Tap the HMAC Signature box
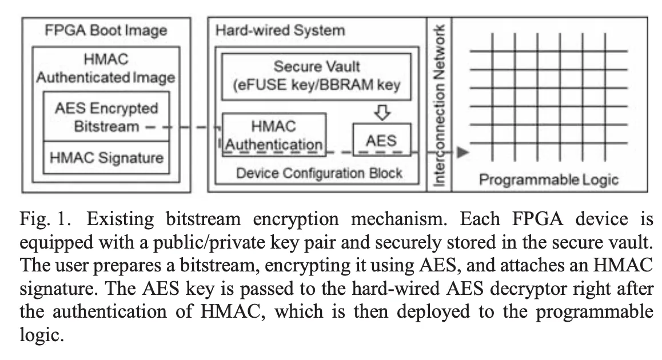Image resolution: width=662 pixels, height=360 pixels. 106,158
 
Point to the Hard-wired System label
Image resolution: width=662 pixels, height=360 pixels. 280,30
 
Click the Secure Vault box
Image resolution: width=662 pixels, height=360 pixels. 316,76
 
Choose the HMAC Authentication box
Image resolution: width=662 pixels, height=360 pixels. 274,134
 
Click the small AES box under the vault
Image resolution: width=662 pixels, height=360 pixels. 381,140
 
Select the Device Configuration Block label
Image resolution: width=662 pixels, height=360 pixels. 320,173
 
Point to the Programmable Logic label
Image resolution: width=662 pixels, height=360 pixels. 548,180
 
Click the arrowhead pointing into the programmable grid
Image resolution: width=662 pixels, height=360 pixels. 464,153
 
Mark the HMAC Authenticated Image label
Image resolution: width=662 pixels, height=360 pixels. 106,68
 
